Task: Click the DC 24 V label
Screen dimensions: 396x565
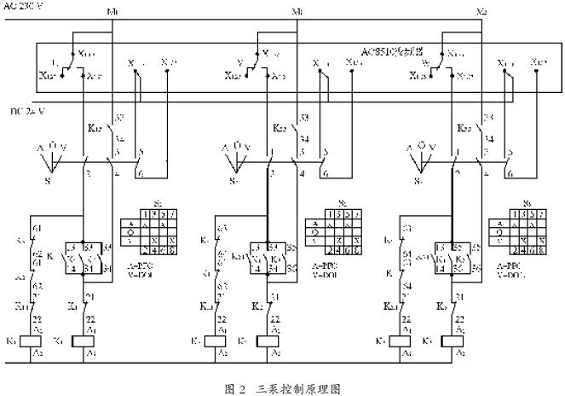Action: tap(26, 111)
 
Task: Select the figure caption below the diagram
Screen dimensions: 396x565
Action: tap(281, 387)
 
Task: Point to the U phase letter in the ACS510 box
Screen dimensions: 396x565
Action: tap(54, 62)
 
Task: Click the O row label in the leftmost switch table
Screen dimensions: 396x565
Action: tap(130, 231)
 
